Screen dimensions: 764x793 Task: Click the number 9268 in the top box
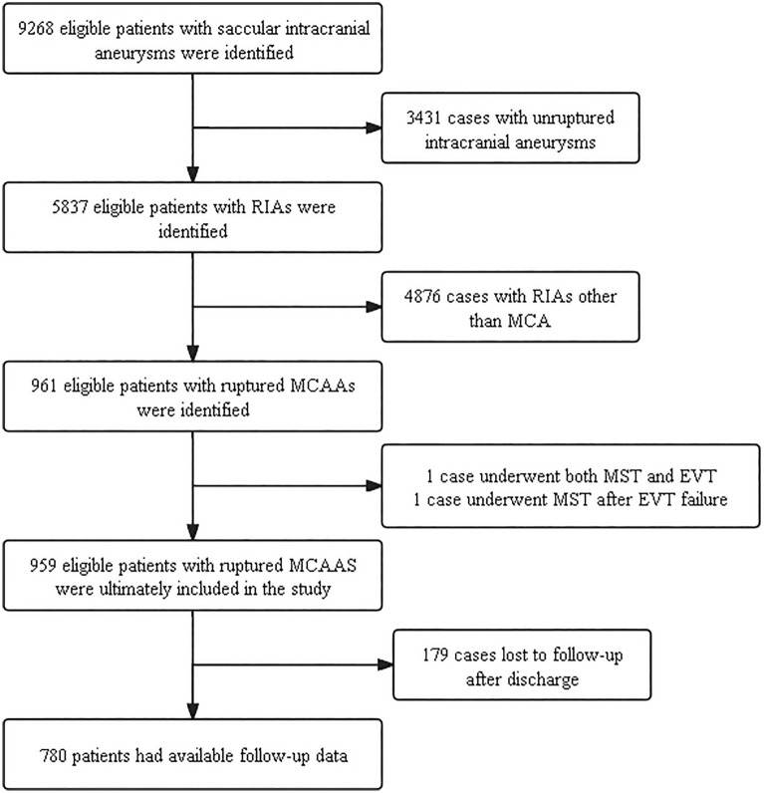click(36, 28)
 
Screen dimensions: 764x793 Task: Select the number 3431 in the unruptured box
click(424, 118)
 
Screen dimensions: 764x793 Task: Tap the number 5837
click(70, 207)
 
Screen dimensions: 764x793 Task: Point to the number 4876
click(422, 296)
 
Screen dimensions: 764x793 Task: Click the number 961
click(44, 386)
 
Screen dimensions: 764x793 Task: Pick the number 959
click(43, 565)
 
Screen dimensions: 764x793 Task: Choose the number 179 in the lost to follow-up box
click(436, 655)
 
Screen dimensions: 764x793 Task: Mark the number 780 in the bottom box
click(53, 755)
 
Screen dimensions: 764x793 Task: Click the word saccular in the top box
click(249, 28)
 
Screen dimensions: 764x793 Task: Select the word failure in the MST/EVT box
click(704, 499)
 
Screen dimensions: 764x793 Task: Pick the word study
click(311, 590)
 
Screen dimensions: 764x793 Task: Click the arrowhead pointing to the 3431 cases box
click(374, 128)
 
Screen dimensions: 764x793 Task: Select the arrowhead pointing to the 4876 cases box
click(374, 307)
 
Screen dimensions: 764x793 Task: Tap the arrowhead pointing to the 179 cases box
click(385, 665)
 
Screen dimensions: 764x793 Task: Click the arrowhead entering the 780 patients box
click(192, 711)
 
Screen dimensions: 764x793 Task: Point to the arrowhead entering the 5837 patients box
click(192, 174)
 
